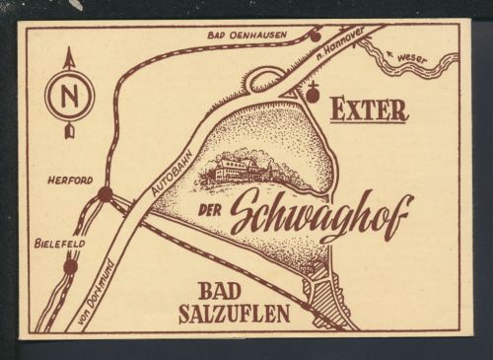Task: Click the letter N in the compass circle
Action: (x=69, y=97)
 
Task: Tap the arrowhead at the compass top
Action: (x=69, y=58)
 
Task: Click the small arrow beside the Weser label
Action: (x=391, y=51)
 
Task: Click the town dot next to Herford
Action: (x=105, y=194)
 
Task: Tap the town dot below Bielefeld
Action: (x=70, y=265)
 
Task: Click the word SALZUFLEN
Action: (x=235, y=316)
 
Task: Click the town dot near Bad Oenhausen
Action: (x=315, y=36)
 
